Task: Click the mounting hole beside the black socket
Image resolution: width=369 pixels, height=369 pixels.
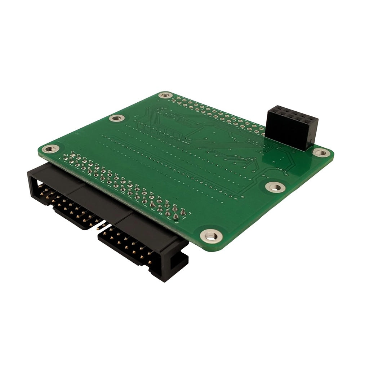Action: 320,152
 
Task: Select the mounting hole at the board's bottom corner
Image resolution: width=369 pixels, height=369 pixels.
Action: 211,236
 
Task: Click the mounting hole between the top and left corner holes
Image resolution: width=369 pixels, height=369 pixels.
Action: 116,118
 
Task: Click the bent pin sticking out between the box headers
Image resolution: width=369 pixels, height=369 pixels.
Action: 102,226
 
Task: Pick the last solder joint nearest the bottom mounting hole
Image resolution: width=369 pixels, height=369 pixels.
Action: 183,213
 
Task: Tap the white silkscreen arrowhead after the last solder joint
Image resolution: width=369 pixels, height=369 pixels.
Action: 175,217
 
